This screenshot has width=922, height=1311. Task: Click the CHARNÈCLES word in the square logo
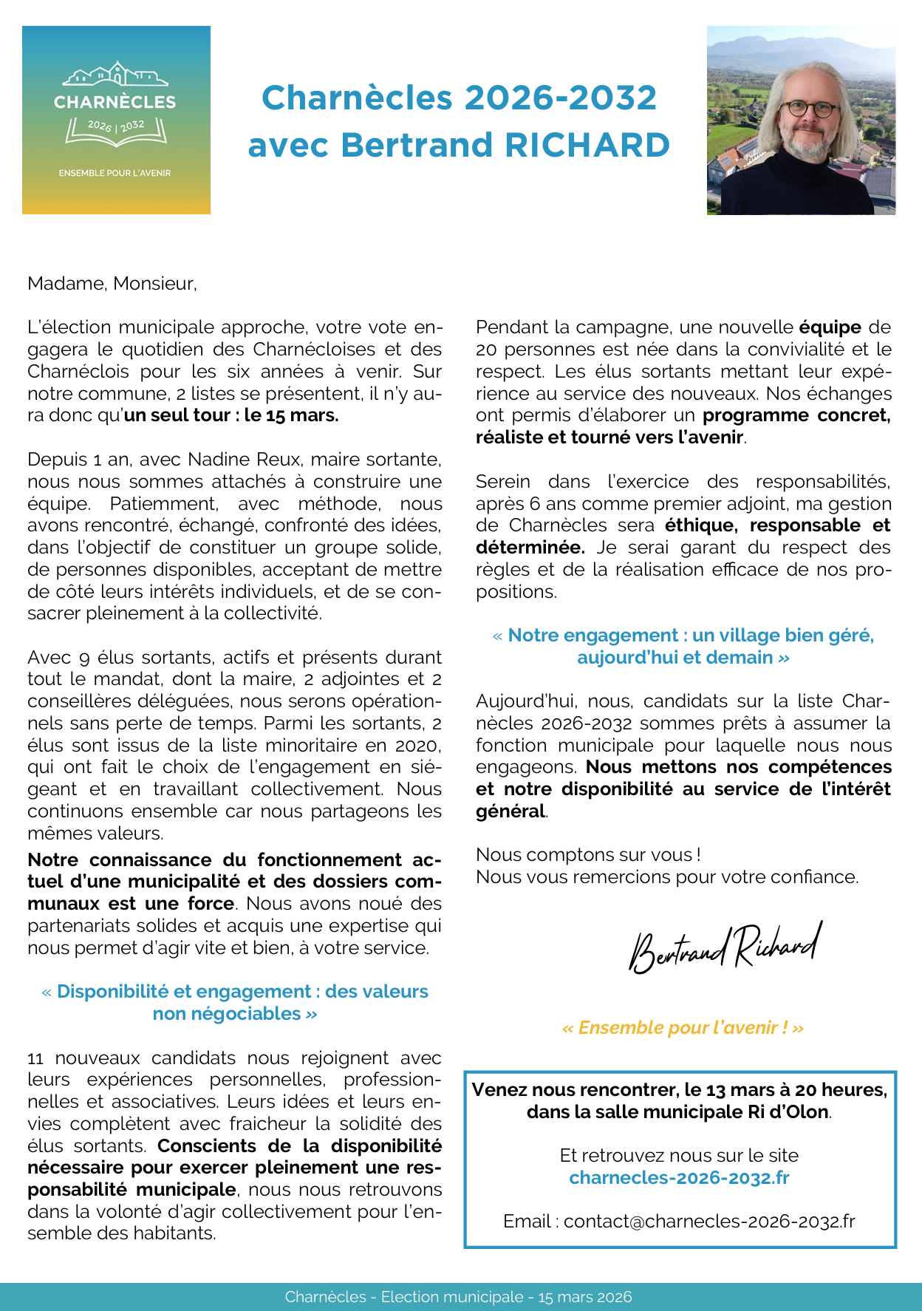click(115, 102)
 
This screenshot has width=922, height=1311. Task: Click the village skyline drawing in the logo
click(115, 75)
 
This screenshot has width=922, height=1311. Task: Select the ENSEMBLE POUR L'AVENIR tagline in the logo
click(115, 173)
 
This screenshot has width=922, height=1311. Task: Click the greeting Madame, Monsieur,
click(112, 283)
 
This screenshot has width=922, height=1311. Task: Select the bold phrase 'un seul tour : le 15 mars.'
click(231, 415)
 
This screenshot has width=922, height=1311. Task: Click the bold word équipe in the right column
click(830, 327)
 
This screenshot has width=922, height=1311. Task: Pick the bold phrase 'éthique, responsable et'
click(777, 525)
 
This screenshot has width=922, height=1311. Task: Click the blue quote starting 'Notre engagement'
click(683, 636)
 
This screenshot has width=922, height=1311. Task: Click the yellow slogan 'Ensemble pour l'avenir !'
click(683, 1028)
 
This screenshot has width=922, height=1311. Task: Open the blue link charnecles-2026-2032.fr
click(679, 1177)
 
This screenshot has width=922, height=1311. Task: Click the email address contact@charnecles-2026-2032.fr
click(709, 1222)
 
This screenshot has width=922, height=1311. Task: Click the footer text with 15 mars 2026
click(458, 1297)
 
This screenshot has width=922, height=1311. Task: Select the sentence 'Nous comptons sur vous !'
click(588, 855)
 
